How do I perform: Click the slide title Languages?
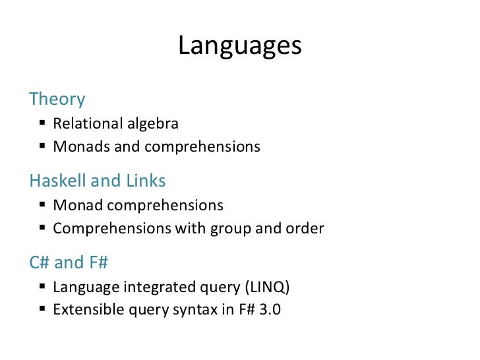(x=239, y=46)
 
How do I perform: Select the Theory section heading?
(x=57, y=100)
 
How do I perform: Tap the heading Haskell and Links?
(x=98, y=181)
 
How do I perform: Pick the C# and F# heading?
(x=69, y=262)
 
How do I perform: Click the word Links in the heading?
(x=146, y=181)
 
